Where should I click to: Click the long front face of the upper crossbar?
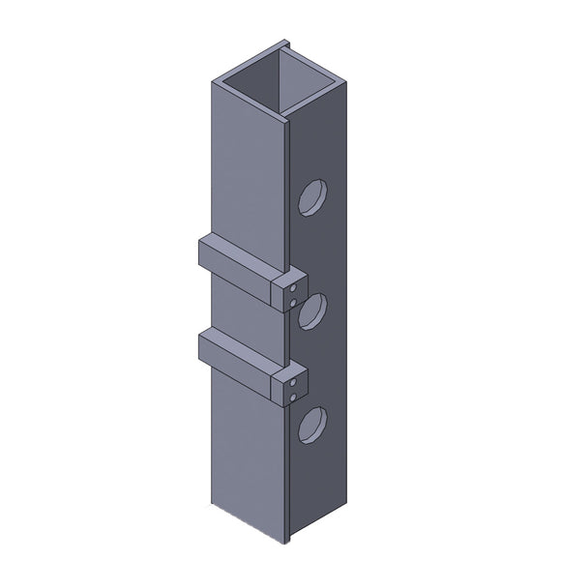[236, 273]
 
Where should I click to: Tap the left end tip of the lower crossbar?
[199, 340]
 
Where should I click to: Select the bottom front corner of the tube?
[287, 538]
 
